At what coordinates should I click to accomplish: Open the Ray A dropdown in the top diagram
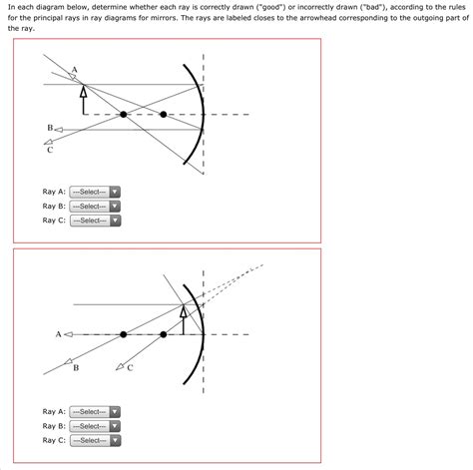click(x=95, y=192)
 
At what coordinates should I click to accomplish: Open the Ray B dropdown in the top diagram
click(x=95, y=207)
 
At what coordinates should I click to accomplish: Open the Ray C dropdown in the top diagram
click(x=95, y=221)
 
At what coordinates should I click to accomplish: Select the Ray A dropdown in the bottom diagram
click(x=95, y=412)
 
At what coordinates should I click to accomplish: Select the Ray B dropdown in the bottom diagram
click(x=95, y=426)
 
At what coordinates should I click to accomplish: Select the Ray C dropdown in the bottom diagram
click(x=95, y=440)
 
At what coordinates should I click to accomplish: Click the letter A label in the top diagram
click(x=74, y=70)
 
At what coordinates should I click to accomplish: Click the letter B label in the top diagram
click(x=50, y=128)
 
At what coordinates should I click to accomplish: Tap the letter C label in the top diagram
click(x=50, y=150)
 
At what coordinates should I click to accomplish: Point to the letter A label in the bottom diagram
click(x=59, y=334)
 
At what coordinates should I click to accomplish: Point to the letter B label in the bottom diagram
click(x=76, y=368)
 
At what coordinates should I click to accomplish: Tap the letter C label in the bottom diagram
click(x=130, y=368)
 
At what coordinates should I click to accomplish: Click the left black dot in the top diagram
click(x=124, y=115)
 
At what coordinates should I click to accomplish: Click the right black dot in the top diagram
click(x=163, y=115)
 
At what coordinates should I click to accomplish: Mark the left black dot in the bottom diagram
click(x=124, y=334)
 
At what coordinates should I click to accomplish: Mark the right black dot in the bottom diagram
click(x=163, y=334)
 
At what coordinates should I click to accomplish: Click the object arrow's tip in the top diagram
click(x=84, y=85)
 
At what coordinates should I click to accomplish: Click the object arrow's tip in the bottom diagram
click(x=184, y=305)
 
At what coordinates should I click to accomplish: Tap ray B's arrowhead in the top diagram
click(x=59, y=130)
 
